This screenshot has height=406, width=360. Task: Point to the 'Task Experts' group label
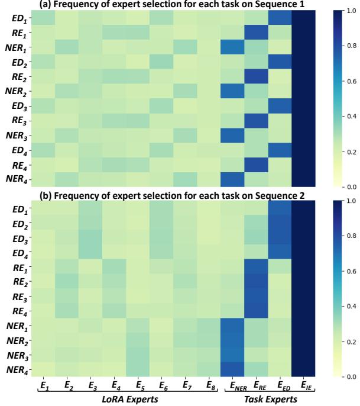pyautogui.click(x=271, y=399)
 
